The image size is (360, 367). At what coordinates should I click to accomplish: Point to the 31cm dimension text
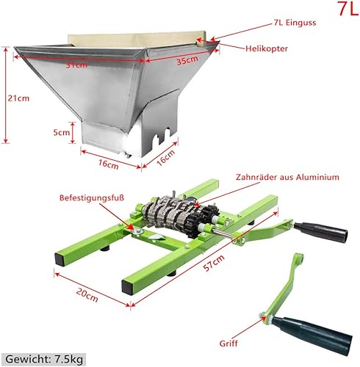76,65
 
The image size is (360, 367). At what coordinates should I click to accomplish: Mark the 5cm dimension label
63,133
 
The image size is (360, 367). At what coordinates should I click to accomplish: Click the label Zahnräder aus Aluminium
287,177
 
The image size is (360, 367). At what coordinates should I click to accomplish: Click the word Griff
228,343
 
